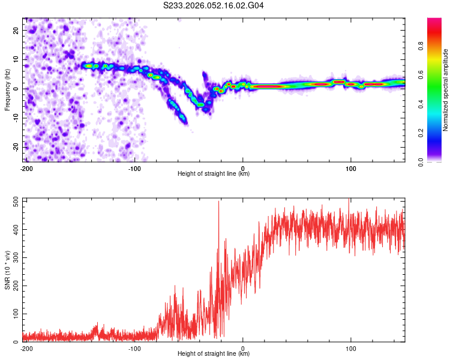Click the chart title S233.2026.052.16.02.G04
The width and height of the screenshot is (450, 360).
(x=214, y=5)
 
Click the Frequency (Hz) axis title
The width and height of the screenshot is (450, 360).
(x=7, y=89)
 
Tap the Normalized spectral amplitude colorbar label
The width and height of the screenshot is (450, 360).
(x=446, y=89)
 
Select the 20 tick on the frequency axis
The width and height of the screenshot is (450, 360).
(x=16, y=31)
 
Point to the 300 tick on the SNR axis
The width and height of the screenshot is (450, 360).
(x=14, y=257)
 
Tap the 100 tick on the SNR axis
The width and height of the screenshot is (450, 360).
(x=14, y=314)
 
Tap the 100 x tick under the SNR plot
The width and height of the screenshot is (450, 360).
(x=351, y=348)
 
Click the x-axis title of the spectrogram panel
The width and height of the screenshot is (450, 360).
(x=214, y=174)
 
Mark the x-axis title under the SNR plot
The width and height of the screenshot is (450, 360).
(x=214, y=354)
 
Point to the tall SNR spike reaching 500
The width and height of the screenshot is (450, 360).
(x=218, y=203)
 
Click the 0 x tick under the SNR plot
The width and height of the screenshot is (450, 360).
(x=243, y=348)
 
